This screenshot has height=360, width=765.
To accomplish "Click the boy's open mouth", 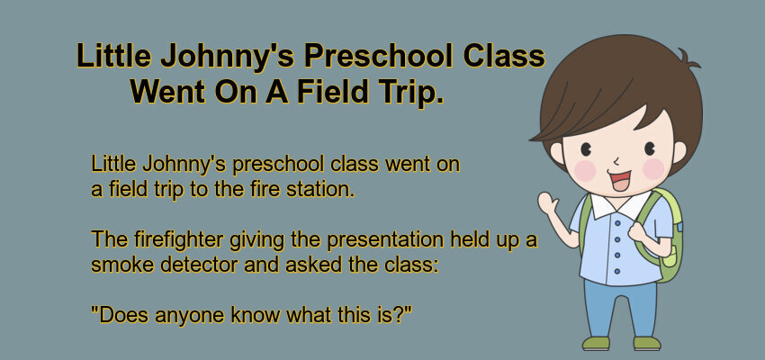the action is click(619, 180).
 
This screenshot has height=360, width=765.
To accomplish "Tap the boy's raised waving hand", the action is click(548, 202).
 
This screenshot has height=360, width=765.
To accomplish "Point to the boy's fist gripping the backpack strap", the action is click(638, 230).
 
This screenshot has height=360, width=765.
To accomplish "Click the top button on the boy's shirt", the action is click(617, 223).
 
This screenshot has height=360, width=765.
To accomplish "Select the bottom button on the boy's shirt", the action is click(617, 271).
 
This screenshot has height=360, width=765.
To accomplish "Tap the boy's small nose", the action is click(616, 161).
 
